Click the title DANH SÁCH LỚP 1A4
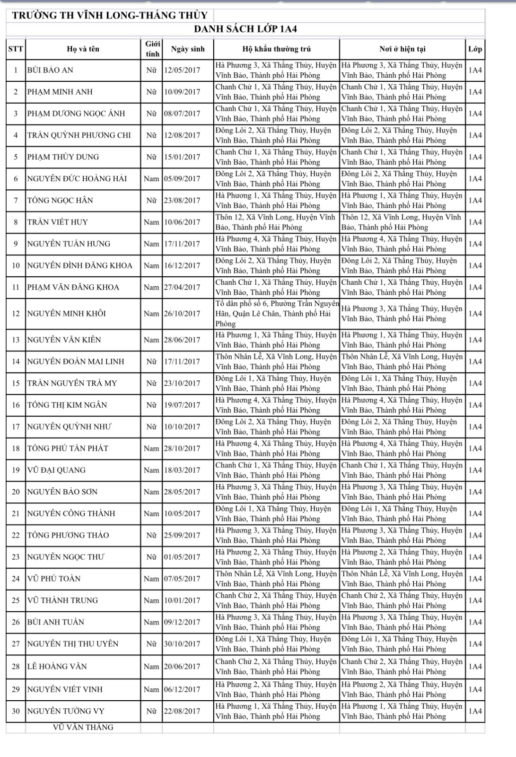coord(245,29)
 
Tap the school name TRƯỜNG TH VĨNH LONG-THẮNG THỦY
coord(110,15)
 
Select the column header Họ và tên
coord(83,49)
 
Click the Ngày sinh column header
coord(188,49)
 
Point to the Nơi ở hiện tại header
coord(402,49)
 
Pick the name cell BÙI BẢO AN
coord(50,70)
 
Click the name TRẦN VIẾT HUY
coord(57,222)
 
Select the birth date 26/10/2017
coord(182,313)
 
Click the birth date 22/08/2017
coord(182,711)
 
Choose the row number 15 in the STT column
coord(16,383)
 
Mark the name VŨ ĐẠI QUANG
coord(56,470)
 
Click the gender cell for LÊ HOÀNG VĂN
coord(151,667)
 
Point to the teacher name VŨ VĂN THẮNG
coord(83,727)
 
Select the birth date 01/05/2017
coord(182,557)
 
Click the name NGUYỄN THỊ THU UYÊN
coord(73,643)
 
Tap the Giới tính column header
coord(152,49)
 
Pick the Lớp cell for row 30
coord(475,711)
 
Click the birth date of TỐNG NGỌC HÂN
coord(182,200)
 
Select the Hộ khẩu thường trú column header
coord(276,49)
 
